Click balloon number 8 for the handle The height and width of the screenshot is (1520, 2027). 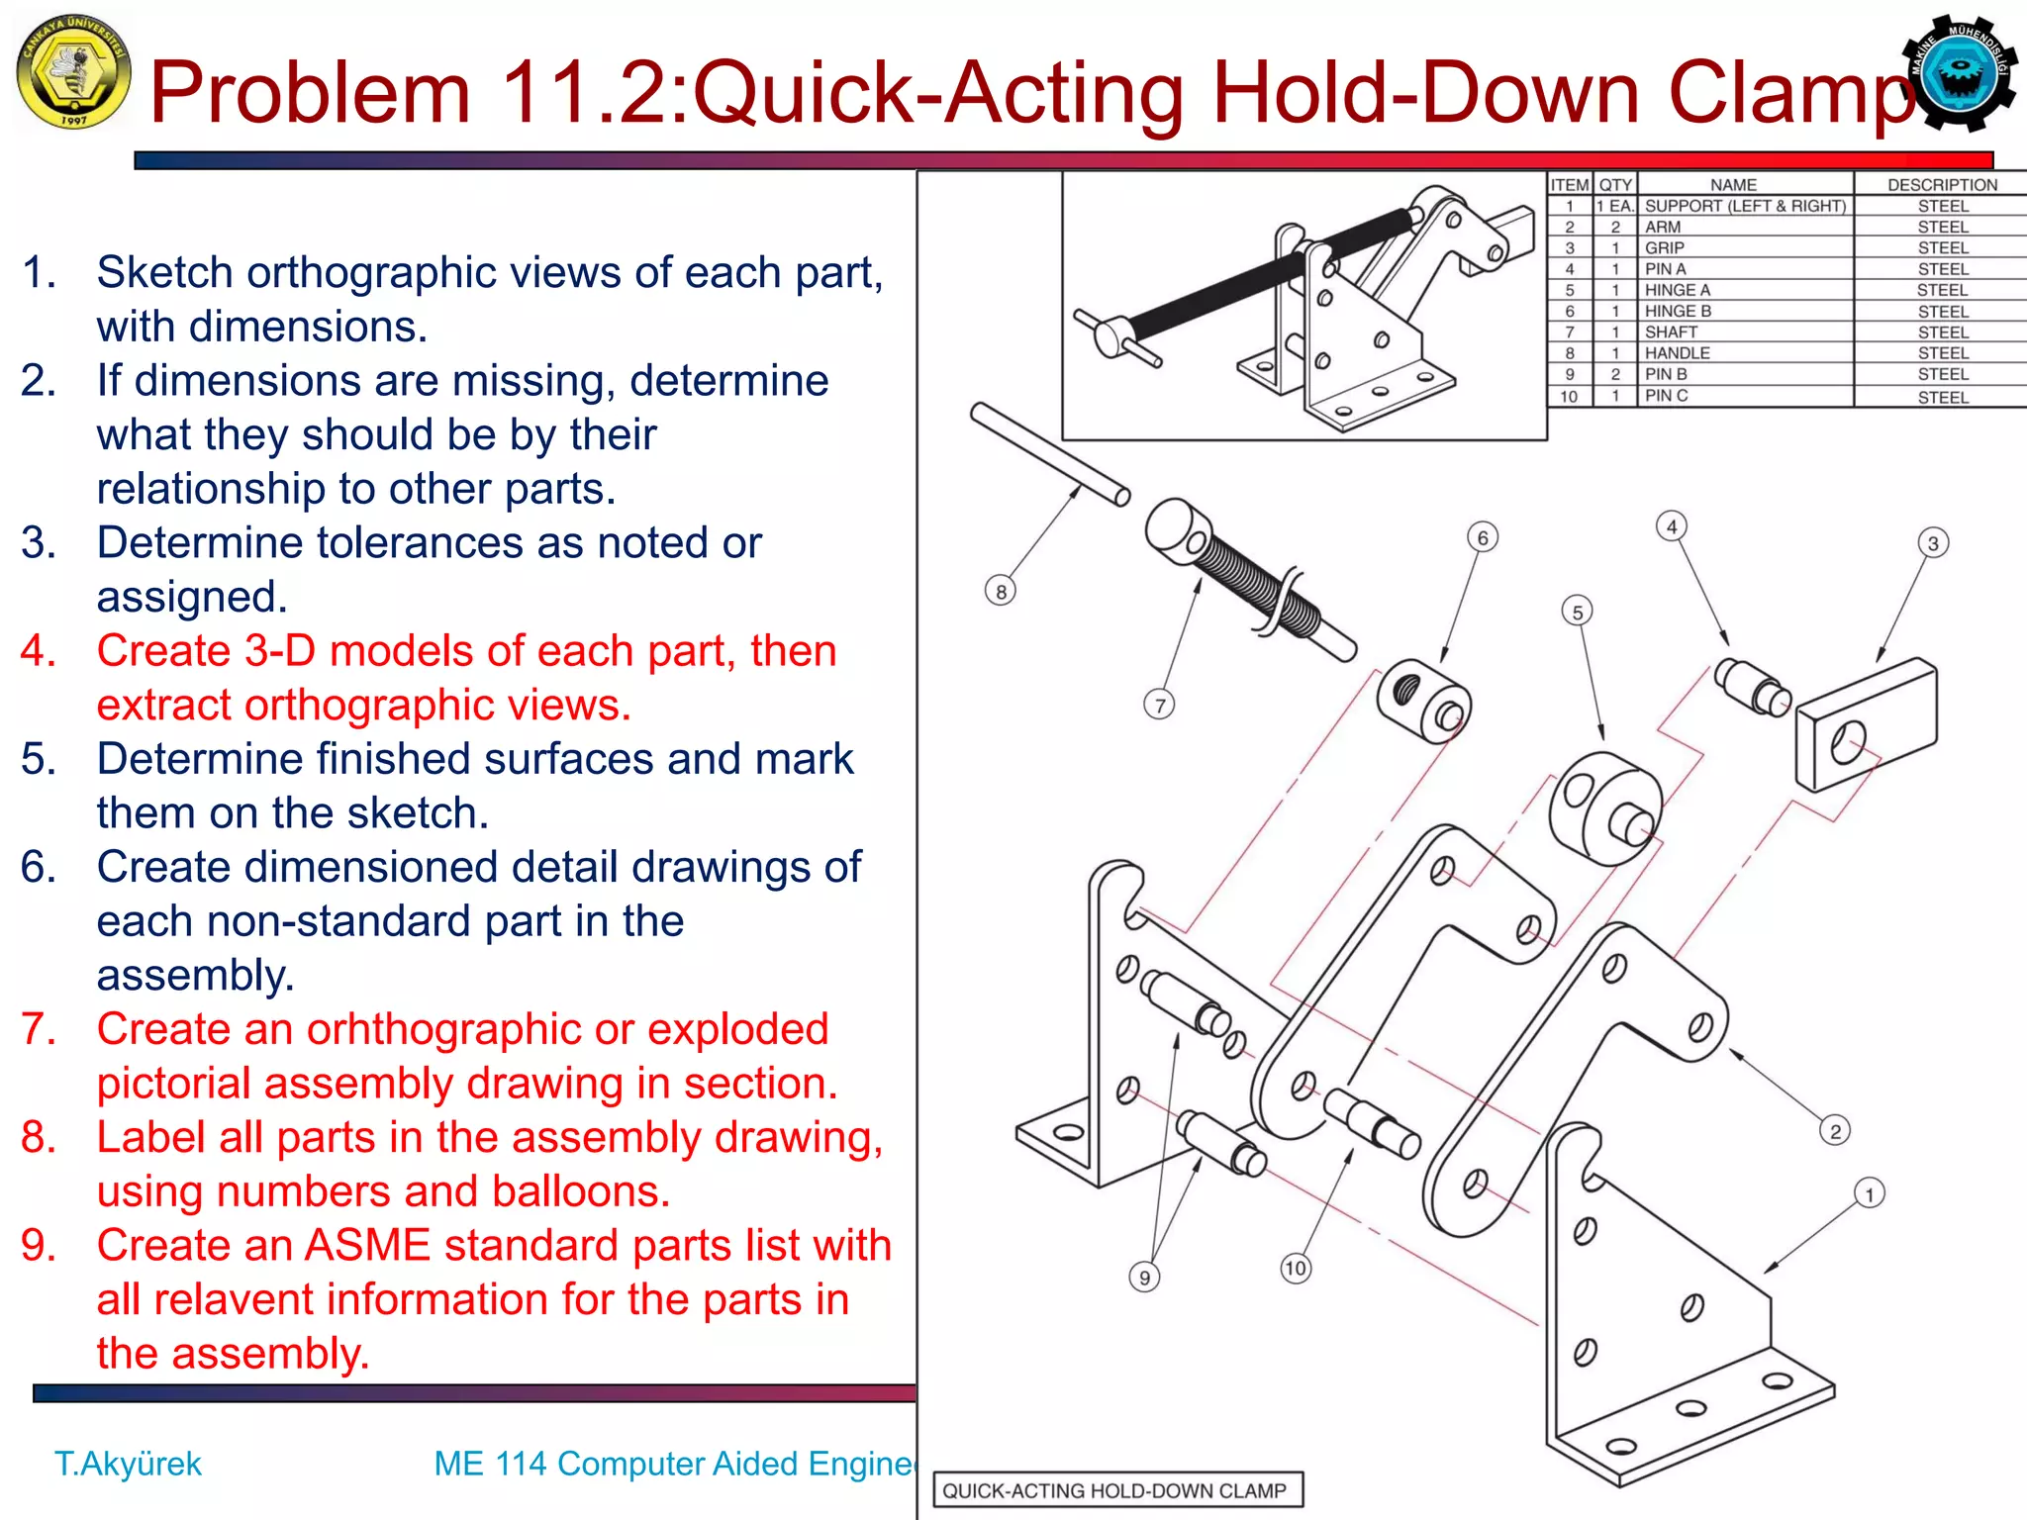click(1001, 592)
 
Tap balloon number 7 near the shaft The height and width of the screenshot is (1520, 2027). click(1160, 706)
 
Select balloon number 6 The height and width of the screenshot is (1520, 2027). click(1483, 537)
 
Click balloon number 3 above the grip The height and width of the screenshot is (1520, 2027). click(1933, 543)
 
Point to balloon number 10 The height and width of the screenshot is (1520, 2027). click(1296, 1269)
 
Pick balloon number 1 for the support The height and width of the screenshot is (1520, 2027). click(1870, 1194)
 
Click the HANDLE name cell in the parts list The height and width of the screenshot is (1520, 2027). click(1678, 353)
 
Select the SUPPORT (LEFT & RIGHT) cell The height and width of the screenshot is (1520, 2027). click(1745, 206)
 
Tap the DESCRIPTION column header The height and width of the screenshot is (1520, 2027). click(1942, 184)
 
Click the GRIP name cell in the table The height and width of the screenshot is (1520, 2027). click(1665, 247)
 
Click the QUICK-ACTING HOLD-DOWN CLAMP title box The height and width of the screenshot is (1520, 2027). click(1115, 1490)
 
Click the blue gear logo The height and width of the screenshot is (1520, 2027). click(1960, 73)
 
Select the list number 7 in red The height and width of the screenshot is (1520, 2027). click(38, 1029)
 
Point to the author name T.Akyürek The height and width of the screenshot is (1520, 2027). click(128, 1464)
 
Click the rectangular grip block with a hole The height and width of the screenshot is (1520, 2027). click(1866, 724)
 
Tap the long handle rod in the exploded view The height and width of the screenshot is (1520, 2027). click(1050, 454)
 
